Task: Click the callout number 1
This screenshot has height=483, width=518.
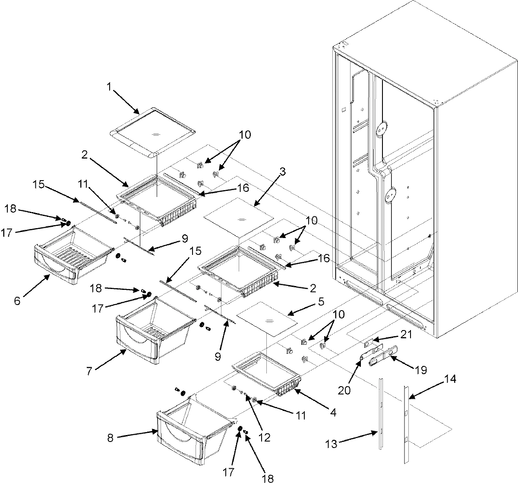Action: (x=109, y=87)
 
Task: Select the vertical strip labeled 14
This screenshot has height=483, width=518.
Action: (x=406, y=423)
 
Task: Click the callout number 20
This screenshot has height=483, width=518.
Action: (x=345, y=390)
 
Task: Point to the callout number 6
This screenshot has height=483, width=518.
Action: (x=17, y=301)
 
